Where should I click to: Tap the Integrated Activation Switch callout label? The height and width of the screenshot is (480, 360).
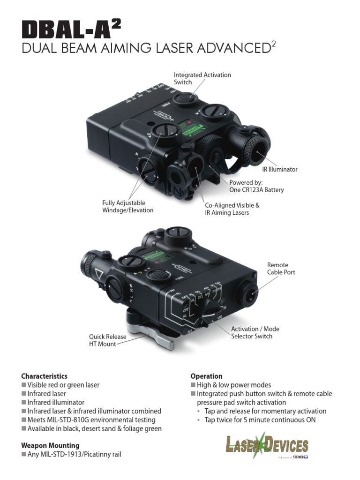pyautogui.click(x=202, y=78)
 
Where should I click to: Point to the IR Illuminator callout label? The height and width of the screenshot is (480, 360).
pyautogui.click(x=279, y=169)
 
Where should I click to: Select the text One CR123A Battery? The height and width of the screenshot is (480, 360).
pyautogui.click(x=256, y=190)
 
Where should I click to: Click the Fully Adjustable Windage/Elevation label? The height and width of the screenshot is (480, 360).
pyautogui.click(x=127, y=206)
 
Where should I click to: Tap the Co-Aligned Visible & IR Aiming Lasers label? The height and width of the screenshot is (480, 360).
pyautogui.click(x=232, y=209)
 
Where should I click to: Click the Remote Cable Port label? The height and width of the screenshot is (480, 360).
pyautogui.click(x=281, y=269)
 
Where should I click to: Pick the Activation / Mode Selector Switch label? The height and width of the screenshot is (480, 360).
pyautogui.click(x=251, y=332)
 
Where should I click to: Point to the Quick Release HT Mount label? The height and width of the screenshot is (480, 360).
pyautogui.click(x=107, y=340)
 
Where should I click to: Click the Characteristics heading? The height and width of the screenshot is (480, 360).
pyautogui.click(x=44, y=376)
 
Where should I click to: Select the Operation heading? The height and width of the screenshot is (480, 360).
pyautogui.click(x=206, y=376)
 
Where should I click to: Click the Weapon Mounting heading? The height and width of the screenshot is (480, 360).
pyautogui.click(x=50, y=445)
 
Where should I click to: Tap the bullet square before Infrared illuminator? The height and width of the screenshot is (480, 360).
pyautogui.click(x=24, y=403)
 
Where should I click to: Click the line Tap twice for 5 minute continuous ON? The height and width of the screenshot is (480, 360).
pyautogui.click(x=260, y=420)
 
